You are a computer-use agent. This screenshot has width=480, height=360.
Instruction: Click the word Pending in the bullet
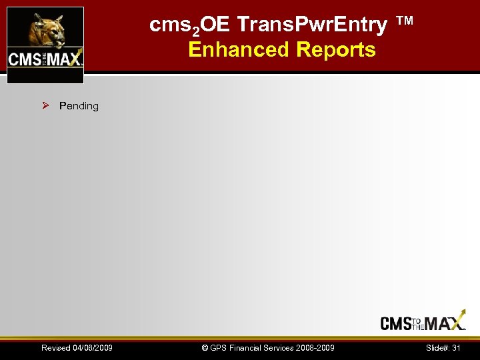click(79, 106)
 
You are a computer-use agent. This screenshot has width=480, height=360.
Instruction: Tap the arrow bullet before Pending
click(45, 105)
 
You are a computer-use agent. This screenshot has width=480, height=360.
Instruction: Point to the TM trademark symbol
click(405, 21)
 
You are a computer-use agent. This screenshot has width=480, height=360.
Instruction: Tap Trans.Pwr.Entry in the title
click(311, 25)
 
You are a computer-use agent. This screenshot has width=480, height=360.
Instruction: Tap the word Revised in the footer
click(55, 348)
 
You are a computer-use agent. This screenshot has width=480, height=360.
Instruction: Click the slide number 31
click(456, 348)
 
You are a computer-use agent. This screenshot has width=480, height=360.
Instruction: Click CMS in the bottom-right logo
click(395, 323)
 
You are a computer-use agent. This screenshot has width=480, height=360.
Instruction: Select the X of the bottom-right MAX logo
click(457, 323)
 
